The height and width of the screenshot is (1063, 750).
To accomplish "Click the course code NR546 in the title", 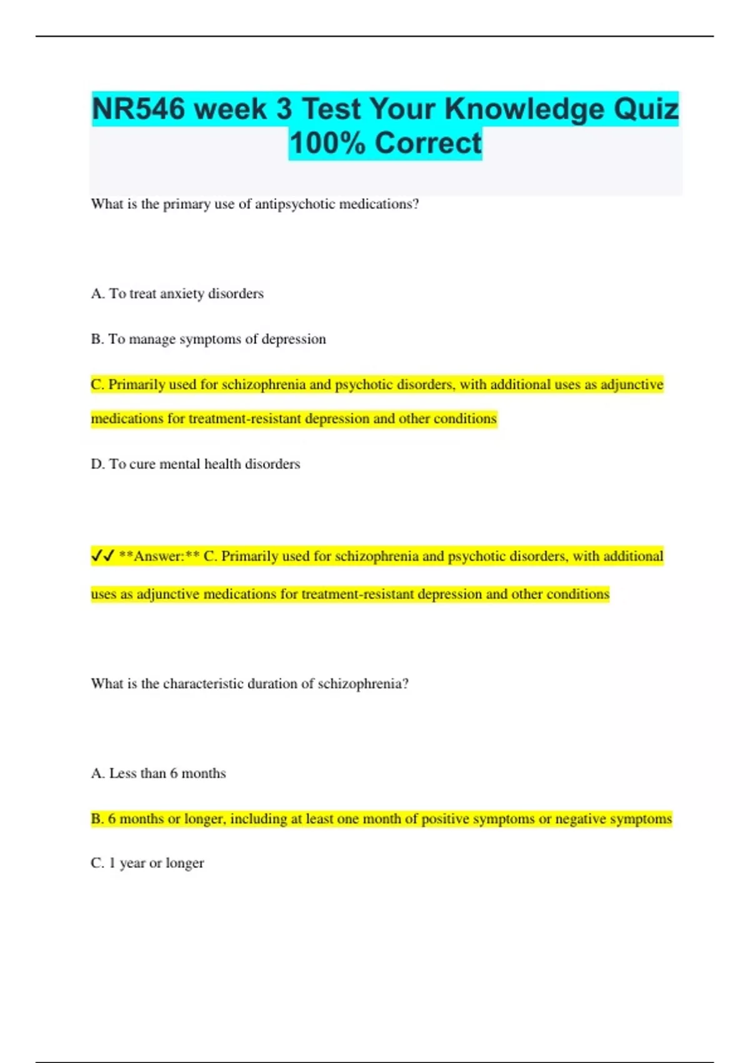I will point(138,109).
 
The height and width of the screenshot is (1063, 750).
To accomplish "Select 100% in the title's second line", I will point(327,143).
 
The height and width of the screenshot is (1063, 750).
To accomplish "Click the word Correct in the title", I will point(428,143).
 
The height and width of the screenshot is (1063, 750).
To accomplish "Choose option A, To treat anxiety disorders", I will point(177,294).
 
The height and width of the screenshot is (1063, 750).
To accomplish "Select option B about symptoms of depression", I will point(208,339).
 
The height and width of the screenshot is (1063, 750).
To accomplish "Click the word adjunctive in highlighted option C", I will point(632,385).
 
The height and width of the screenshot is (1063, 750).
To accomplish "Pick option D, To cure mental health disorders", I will point(195,464).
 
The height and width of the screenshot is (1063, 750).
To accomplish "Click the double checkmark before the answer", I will point(102,556).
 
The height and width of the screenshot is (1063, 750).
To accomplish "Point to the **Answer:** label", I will point(159,557).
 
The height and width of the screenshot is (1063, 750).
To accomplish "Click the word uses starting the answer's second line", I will point(104,594).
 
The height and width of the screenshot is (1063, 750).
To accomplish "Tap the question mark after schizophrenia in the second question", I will point(406,683).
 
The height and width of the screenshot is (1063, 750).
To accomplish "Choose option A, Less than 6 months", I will point(158,773).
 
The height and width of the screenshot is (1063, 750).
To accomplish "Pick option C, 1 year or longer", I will point(147,863).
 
